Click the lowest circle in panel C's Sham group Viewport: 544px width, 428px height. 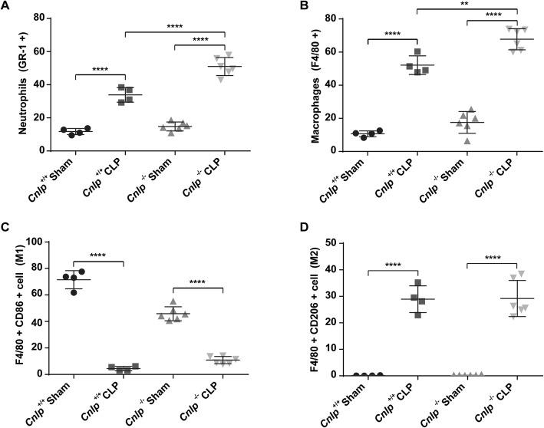(x=73, y=291)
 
